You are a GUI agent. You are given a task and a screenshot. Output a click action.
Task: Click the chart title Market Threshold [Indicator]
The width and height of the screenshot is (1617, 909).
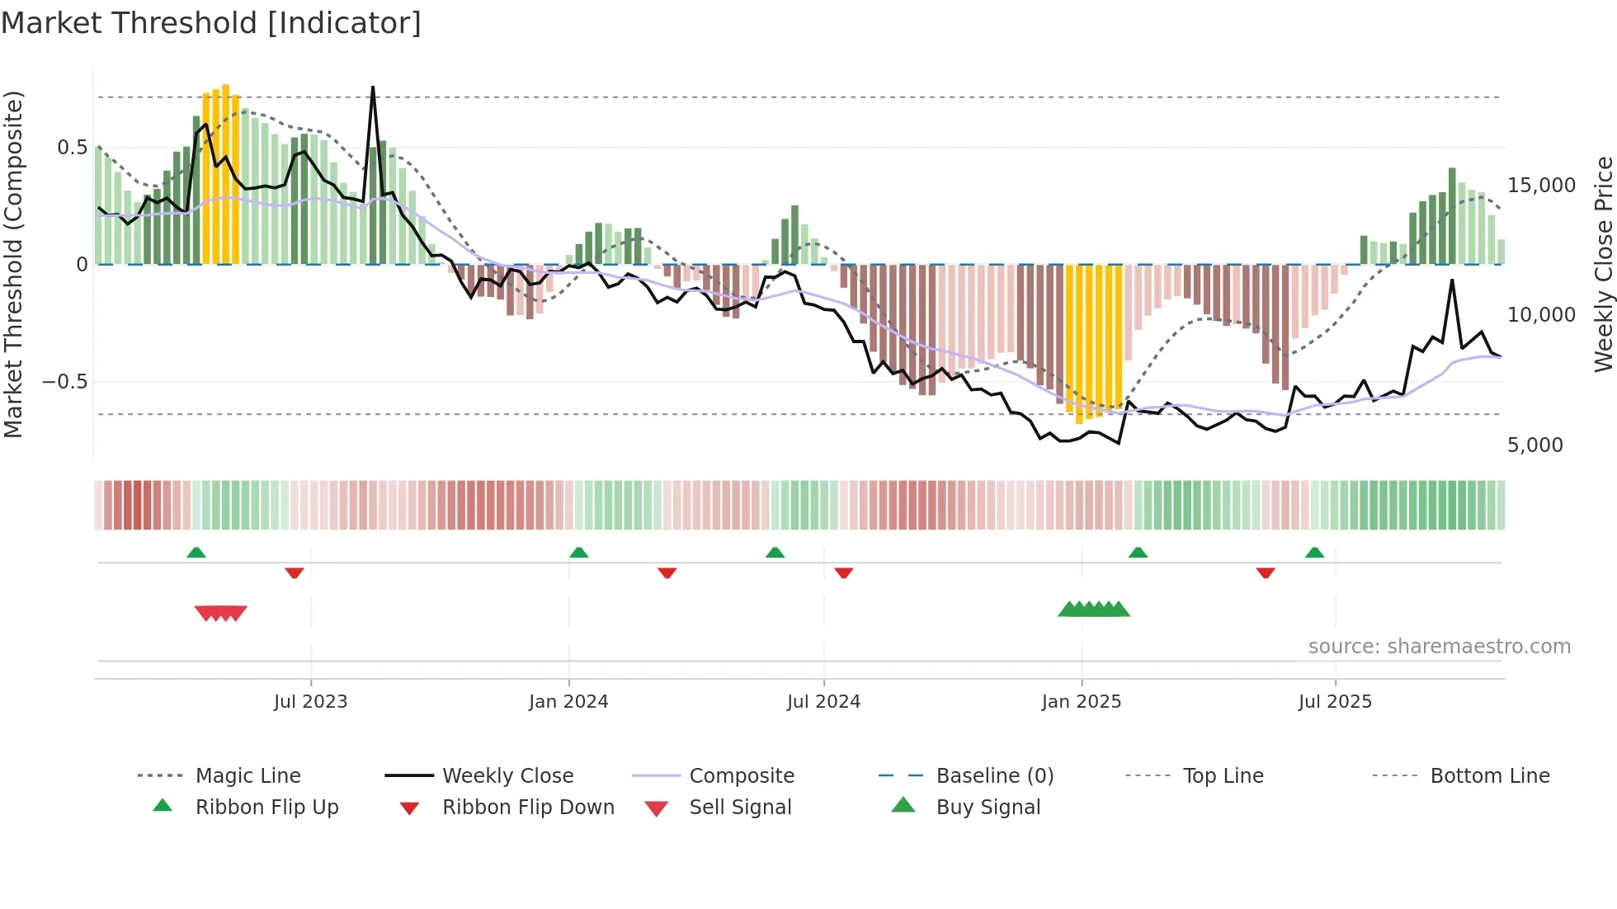tap(211, 23)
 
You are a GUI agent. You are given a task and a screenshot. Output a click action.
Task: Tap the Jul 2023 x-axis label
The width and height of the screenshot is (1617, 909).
tap(310, 702)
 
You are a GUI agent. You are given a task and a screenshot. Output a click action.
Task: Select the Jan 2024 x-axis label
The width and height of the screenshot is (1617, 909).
tap(568, 702)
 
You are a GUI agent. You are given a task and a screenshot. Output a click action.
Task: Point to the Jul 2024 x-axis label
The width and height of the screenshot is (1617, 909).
tap(823, 702)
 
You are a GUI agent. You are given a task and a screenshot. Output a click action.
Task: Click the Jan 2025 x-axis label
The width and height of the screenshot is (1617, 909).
tap(1081, 702)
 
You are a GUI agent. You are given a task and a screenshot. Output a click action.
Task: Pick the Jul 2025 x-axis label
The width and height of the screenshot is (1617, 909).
tap(1335, 702)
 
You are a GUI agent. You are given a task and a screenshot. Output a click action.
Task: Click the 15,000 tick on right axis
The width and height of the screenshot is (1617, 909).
tap(1541, 186)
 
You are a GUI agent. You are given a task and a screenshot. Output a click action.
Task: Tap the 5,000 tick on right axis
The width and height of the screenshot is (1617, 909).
tap(1534, 445)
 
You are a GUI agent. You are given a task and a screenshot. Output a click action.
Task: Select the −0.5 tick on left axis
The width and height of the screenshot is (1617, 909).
tap(64, 382)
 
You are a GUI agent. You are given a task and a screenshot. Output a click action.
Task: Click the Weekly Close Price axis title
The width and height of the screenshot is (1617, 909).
tap(1603, 264)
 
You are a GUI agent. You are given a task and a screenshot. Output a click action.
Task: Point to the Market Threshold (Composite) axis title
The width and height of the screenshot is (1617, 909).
tap(13, 264)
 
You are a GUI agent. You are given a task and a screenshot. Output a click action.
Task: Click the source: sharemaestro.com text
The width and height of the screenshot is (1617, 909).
tap(1439, 647)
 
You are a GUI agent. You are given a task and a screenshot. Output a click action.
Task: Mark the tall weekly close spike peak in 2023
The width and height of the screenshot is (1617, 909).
tap(373, 87)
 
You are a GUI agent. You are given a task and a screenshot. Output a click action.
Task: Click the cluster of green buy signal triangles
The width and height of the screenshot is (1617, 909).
tap(1093, 610)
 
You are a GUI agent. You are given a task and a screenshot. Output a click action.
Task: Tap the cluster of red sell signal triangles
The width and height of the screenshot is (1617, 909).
tap(220, 613)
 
